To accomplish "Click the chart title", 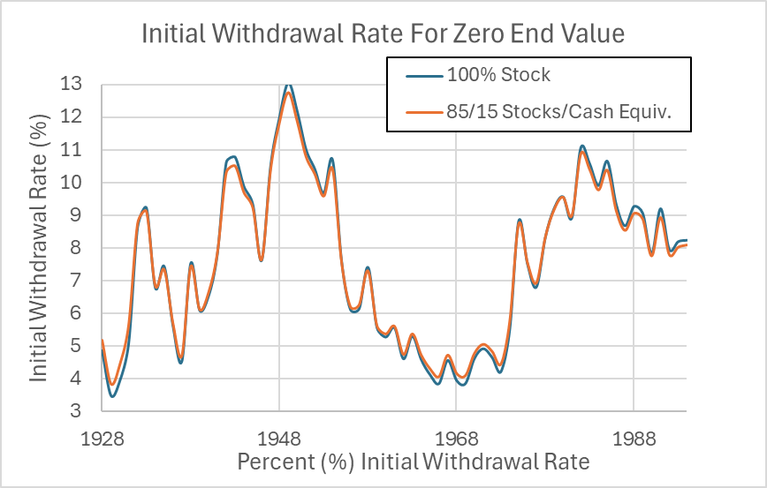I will (383, 34).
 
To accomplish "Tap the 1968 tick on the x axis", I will (456, 439).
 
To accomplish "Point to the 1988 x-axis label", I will (633, 439).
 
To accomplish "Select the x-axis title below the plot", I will (414, 462).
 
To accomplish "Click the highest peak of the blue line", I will (288, 86).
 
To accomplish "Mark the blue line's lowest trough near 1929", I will (112, 396).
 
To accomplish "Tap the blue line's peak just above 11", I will (582, 146).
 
